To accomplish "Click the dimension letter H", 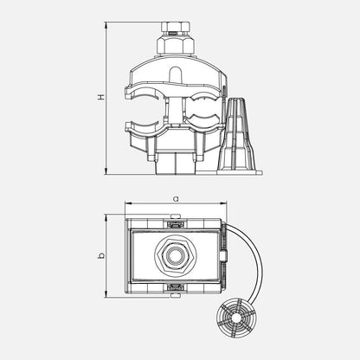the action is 101,97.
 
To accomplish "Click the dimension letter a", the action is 176,198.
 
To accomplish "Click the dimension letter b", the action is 101,255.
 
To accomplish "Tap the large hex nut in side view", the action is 176,45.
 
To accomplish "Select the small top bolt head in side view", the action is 176,28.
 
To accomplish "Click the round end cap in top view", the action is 237,318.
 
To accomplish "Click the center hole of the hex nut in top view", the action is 176,254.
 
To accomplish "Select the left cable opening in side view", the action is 145,110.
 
